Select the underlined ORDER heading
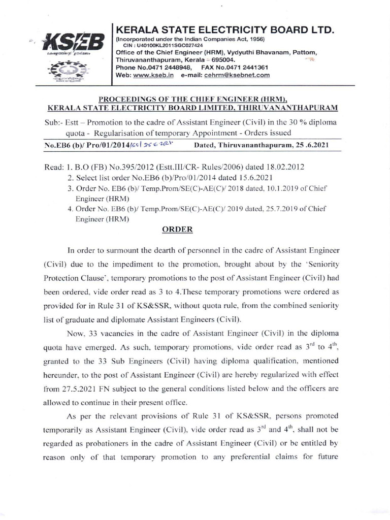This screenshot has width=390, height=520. [x=177, y=229]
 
